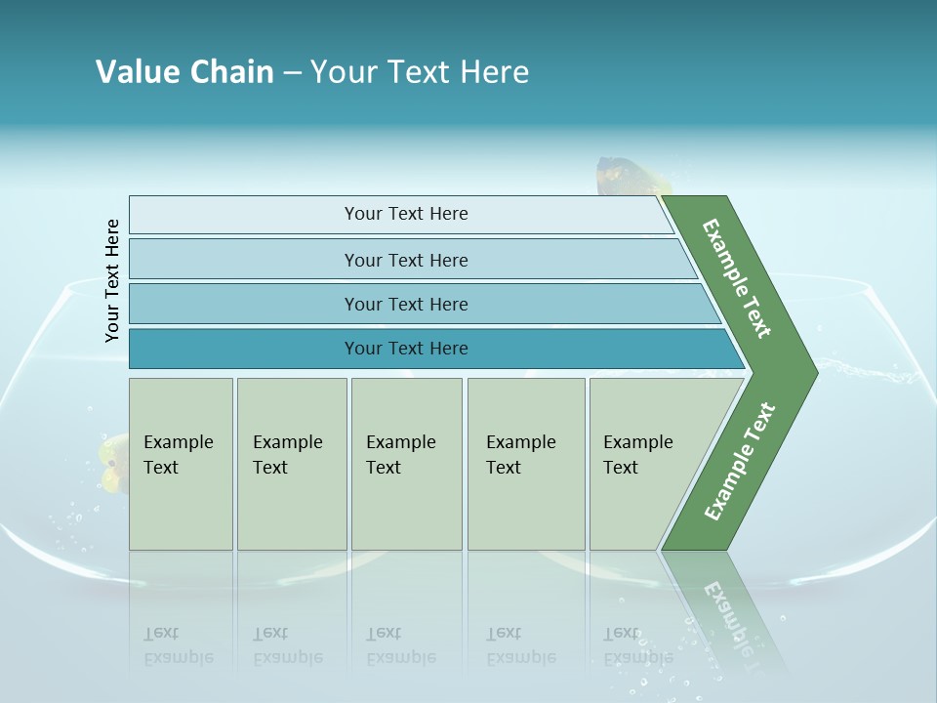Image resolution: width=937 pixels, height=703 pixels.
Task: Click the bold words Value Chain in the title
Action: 184,72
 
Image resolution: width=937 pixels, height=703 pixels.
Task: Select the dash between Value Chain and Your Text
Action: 292,73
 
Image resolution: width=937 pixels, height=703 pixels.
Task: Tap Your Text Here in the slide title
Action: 420,72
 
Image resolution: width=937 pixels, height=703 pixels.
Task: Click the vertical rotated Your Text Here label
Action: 112,281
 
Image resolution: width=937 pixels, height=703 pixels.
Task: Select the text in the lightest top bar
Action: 406,214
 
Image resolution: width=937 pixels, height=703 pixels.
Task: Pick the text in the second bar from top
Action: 406,261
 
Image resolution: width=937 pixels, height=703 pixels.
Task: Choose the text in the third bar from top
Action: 406,305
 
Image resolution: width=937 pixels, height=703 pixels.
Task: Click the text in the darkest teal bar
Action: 406,349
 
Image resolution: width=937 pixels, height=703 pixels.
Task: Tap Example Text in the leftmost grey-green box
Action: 178,455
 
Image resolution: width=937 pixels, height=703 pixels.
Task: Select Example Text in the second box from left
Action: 287,455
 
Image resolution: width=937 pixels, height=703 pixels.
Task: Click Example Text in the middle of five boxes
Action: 400,455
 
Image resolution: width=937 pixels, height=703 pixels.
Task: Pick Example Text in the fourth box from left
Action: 520,455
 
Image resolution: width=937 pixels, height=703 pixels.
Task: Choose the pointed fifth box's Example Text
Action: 637,455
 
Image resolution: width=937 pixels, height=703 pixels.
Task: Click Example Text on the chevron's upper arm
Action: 737,278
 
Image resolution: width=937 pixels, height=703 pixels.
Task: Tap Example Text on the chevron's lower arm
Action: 739,462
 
